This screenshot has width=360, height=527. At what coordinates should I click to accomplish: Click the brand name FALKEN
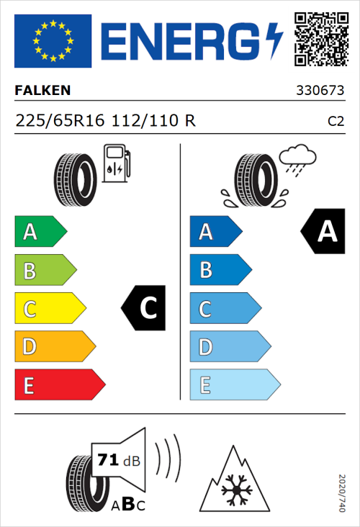(x=43, y=91)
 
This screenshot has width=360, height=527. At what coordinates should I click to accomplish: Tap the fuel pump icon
(x=115, y=163)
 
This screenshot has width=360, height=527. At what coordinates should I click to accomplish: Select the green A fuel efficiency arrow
(x=40, y=232)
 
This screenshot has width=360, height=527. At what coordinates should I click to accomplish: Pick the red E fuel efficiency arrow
(x=59, y=385)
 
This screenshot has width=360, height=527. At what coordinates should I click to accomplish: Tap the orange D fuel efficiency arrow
(x=54, y=348)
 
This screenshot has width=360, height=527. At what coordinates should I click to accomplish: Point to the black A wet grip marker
(x=323, y=231)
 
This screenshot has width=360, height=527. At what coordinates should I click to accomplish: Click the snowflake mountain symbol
(x=234, y=480)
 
